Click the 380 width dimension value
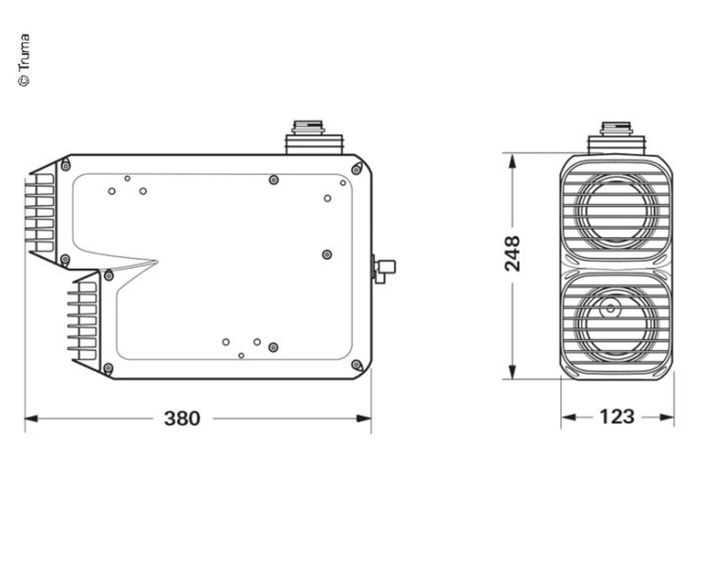pos(182,418)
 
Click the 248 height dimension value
pos(512,253)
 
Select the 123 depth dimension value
pos(616,417)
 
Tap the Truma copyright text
pos(24,60)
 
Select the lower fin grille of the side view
pos(83,321)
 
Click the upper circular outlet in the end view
pos(616,210)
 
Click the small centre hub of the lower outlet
pos(610,308)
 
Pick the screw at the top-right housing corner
pos(356,170)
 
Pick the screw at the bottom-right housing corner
pos(356,365)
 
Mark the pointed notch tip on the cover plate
pos(157,261)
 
